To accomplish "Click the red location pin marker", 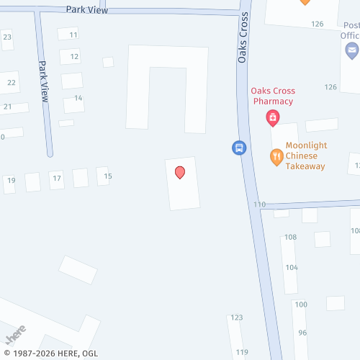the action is (x=180, y=172).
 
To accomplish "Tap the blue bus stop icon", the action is (x=239, y=148).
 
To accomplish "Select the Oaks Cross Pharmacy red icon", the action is (x=273, y=117).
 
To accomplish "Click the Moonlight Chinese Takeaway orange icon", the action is (x=276, y=156).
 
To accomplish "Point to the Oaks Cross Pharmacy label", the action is (x=271, y=96).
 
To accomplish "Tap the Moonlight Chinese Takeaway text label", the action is (x=305, y=156).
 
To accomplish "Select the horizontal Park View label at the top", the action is (x=86, y=9).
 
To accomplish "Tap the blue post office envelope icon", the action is (x=351, y=50).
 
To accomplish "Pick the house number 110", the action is (x=259, y=204).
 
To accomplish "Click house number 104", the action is (x=291, y=267).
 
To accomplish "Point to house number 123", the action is (x=237, y=318).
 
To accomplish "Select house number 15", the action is (x=108, y=176).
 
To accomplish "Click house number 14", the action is (x=78, y=98).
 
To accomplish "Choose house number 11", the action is (x=73, y=35).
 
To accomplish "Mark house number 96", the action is (x=302, y=333).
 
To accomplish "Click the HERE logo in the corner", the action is (x=16, y=335).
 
